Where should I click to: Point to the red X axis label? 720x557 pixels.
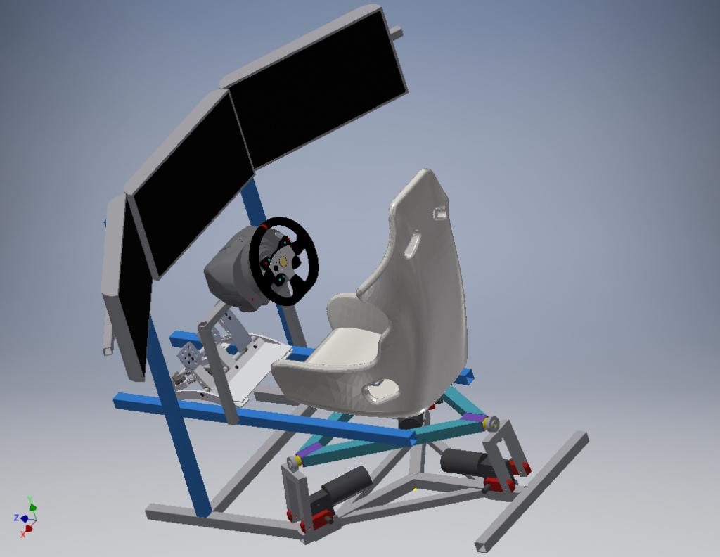23,534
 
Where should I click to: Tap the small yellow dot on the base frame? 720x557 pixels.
416,489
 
